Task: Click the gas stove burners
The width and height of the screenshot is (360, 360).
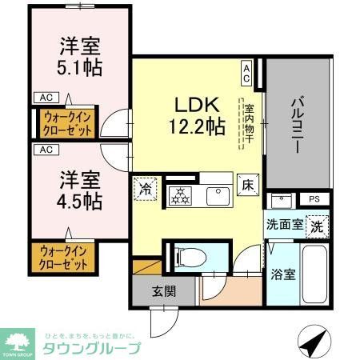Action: tap(178, 194)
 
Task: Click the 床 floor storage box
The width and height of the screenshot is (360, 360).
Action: tap(249, 183)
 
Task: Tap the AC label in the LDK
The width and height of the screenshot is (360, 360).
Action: tap(246, 74)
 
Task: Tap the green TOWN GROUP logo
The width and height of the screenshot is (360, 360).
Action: tap(18, 340)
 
